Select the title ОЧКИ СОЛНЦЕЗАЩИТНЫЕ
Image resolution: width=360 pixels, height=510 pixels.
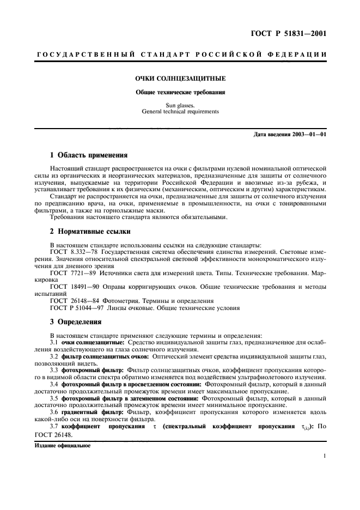180,78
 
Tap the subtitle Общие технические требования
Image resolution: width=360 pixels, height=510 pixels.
180,92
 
